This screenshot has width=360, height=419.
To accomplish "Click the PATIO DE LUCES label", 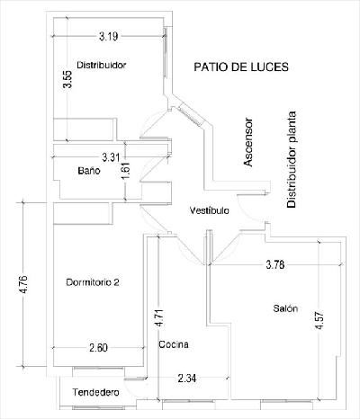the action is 241,67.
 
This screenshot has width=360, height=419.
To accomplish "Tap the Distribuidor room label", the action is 102,65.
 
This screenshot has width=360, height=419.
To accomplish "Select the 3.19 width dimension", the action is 109,37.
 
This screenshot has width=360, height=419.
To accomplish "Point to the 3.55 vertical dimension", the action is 67,79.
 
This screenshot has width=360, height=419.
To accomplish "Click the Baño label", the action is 89,171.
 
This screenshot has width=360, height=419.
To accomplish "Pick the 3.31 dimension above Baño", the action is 111,157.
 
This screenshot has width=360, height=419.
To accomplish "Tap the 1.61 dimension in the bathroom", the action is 126,171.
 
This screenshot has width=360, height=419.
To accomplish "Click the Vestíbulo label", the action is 210,210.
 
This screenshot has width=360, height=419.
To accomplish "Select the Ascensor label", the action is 248,142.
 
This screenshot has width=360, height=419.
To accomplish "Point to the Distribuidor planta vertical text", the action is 292,160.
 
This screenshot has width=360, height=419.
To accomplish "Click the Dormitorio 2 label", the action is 93,282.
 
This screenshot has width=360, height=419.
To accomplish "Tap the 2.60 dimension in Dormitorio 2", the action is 98,348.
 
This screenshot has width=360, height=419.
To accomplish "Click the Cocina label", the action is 174,344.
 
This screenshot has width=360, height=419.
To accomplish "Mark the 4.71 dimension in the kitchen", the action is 159,318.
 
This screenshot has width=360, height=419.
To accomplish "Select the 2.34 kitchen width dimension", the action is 187,379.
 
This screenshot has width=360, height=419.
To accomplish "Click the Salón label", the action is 285,308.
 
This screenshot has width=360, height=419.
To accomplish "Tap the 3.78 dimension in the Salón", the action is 275,264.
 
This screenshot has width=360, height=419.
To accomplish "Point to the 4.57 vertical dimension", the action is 319,321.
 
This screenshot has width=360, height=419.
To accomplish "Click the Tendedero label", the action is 95,392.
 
